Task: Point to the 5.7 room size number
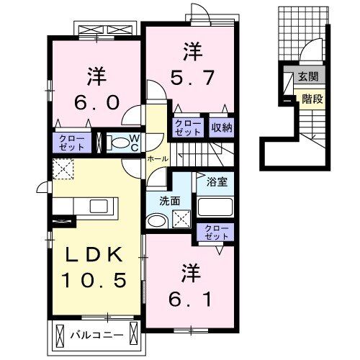[192, 77]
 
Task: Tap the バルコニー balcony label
[97, 335]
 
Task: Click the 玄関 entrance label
[307, 76]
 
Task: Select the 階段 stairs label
[311, 99]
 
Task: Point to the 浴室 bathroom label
[216, 181]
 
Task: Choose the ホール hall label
[157, 158]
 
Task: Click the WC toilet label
[133, 143]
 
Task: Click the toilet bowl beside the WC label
[117, 143]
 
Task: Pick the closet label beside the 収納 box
[188, 128]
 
